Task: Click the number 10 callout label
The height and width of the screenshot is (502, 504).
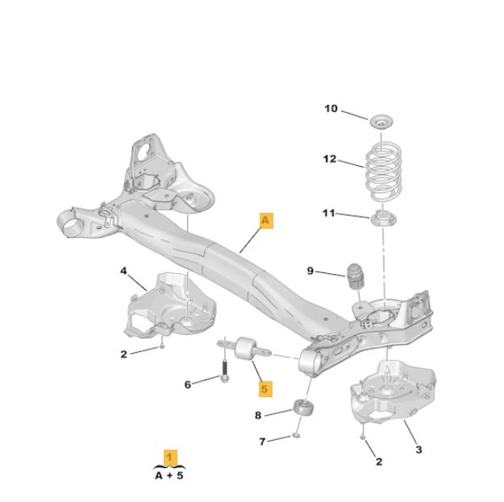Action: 331,109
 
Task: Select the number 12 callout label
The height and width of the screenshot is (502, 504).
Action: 330,159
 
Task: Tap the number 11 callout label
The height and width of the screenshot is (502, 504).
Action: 328,213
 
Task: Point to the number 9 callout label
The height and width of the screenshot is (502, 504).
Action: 310,270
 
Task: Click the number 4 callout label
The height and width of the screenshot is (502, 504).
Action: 123,271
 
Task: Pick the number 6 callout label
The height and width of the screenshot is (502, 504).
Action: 188,384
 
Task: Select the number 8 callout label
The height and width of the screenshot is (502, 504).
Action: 258,415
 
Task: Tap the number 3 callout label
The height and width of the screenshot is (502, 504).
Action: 418,449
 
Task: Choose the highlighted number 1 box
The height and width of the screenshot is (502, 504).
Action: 169,457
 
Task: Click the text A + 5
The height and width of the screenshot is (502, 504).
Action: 169,475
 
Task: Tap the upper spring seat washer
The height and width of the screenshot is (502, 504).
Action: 381,122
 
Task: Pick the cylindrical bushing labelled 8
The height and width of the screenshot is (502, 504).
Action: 303,408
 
